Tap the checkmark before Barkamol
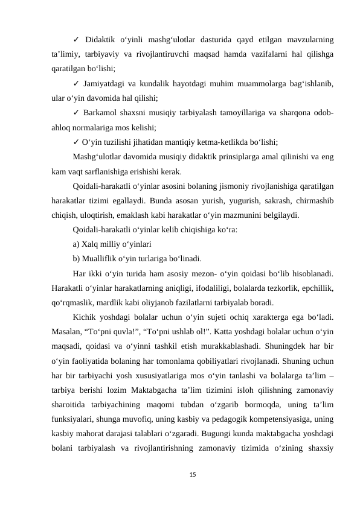click(76, 112)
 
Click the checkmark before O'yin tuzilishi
click(76, 143)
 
